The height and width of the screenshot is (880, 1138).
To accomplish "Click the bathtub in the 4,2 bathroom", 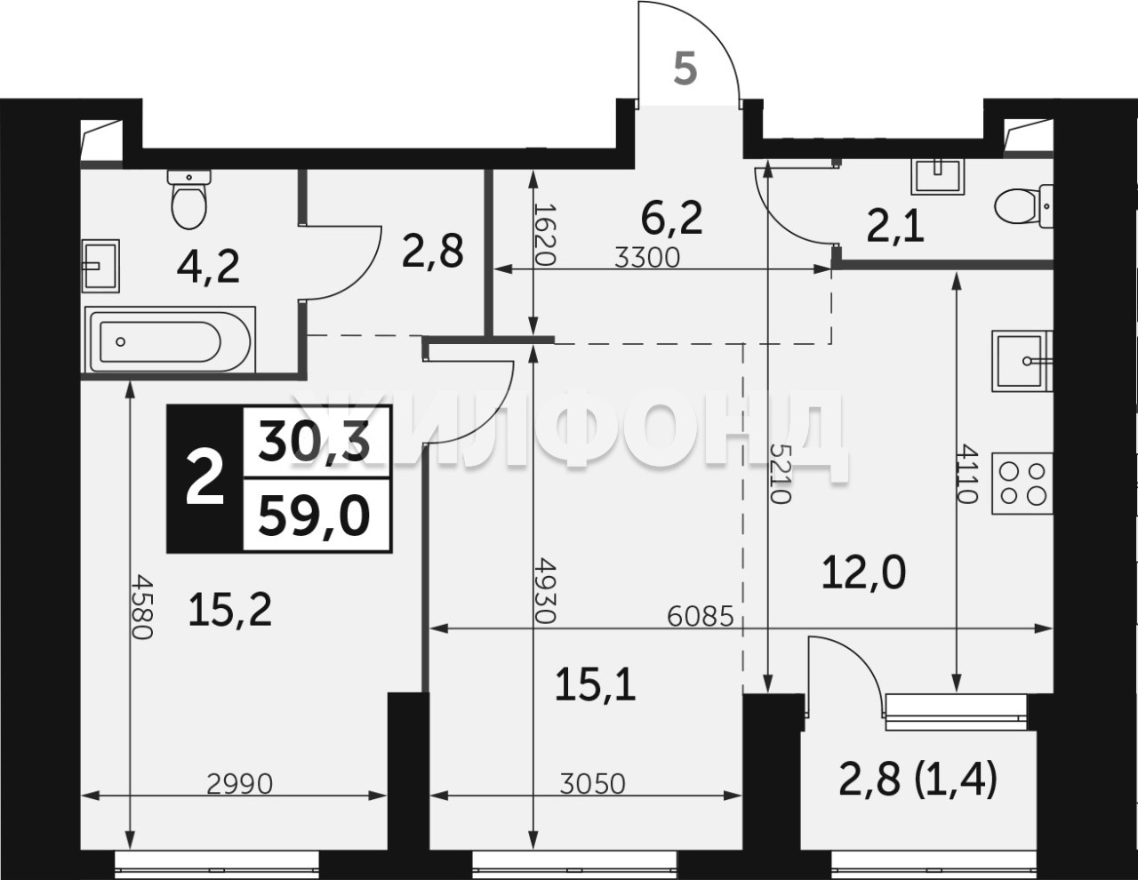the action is tap(170, 340).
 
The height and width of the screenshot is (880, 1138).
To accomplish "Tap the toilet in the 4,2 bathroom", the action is tap(189, 198).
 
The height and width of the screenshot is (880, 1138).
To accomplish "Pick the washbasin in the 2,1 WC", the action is tap(937, 176).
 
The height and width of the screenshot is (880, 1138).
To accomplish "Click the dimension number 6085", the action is tap(701, 617).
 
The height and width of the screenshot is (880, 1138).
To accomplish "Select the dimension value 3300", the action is tap(646, 258).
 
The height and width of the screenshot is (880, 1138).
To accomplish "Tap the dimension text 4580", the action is tap(142, 607).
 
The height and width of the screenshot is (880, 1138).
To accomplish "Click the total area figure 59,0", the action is tap(314, 515).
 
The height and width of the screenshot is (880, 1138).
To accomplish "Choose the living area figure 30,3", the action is tap(314, 440).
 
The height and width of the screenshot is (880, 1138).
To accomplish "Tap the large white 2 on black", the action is tap(205, 478).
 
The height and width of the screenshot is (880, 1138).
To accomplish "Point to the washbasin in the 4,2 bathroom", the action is tap(101, 266).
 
